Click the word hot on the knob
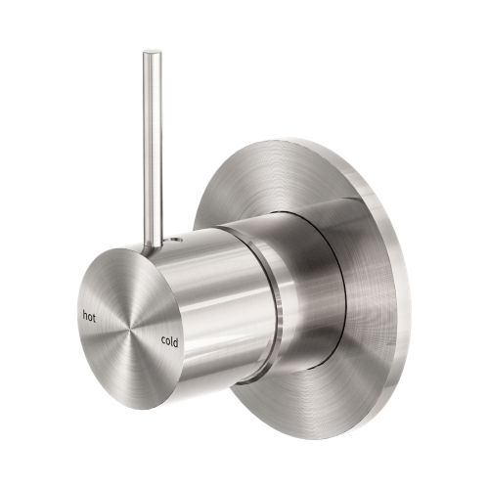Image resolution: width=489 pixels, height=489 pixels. pyautogui.click(x=90, y=315)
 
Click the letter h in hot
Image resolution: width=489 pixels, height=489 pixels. pyautogui.click(x=85, y=315)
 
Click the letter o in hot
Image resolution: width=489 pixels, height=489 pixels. pyautogui.click(x=91, y=316)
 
